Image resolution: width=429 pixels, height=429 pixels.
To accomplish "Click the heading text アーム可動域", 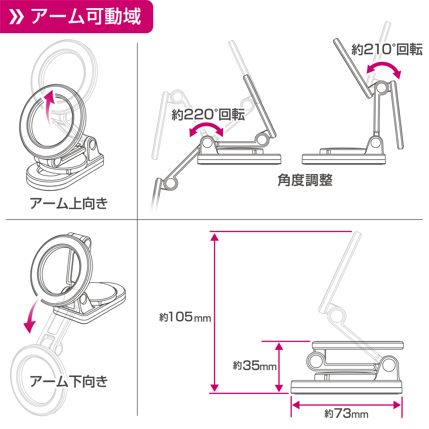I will (x=86, y=16).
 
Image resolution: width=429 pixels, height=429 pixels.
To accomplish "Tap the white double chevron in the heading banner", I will (x=16, y=17).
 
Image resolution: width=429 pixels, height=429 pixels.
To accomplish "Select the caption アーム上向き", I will (x=69, y=203).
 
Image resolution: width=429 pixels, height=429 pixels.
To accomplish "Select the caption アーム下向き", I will (x=69, y=382).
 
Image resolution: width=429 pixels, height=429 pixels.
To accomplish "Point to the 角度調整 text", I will (x=305, y=180).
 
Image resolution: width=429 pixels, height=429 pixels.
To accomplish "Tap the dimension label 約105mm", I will (x=185, y=317).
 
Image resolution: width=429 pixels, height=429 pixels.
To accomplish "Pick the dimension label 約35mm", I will (x=255, y=366).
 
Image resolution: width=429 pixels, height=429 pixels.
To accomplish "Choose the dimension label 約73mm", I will (x=346, y=414).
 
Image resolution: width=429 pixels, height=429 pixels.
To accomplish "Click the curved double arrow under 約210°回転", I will (x=384, y=69).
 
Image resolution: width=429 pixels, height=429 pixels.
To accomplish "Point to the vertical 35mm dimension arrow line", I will (x=279, y=367).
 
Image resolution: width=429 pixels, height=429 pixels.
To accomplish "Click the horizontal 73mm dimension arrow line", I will (x=346, y=405).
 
